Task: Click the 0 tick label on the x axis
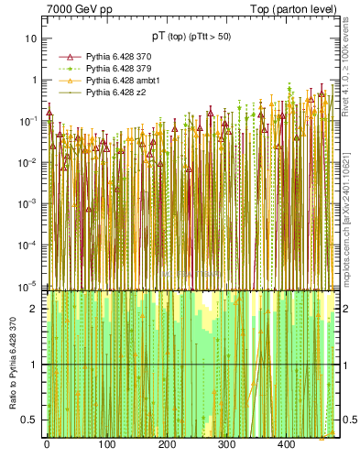(x=47, y=444)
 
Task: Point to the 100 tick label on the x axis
(x=106, y=444)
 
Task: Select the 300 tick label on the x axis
(x=226, y=444)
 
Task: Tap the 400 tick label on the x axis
(x=286, y=444)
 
